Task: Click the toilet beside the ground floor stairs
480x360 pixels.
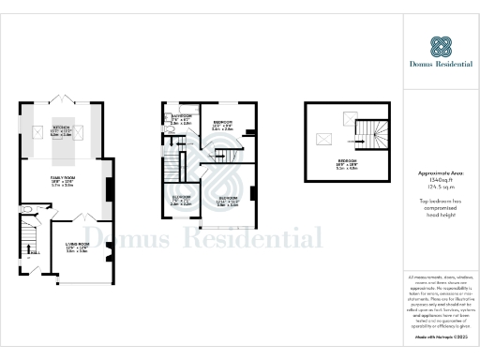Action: pyautogui.click(x=25, y=210)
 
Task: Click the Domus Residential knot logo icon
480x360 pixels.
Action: pyautogui.click(x=441, y=46)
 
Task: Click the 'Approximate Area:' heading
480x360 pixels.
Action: pyautogui.click(x=441, y=174)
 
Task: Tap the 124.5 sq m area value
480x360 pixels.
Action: pyautogui.click(x=441, y=189)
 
